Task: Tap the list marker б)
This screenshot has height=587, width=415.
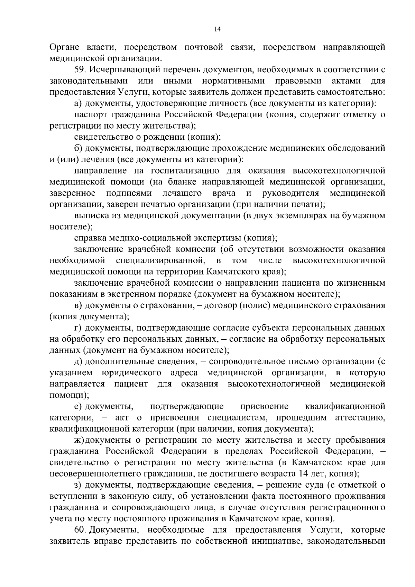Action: click(78, 148)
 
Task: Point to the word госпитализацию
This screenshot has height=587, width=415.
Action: click(185, 171)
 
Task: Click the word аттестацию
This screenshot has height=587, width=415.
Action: click(360, 418)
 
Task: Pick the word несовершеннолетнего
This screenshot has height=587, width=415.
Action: click(102, 474)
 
